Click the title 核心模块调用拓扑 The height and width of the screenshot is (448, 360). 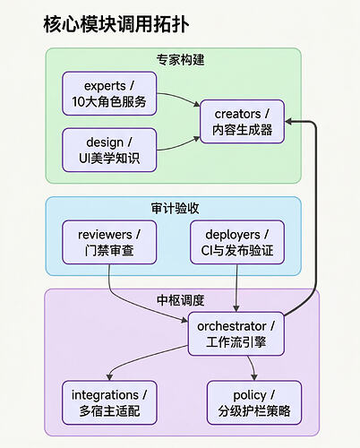coord(116,24)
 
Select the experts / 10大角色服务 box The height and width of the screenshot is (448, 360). coord(109,93)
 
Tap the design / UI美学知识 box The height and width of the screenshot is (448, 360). coord(109,150)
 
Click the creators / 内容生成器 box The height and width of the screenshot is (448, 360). coord(242,122)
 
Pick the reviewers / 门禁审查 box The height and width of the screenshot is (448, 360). coord(109,242)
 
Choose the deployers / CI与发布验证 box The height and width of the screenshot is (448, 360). coord(237,242)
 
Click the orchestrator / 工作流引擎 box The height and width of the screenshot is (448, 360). coord(236,334)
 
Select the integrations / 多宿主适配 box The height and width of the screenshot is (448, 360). coord(109,402)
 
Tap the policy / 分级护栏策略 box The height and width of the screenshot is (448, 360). coord(254,402)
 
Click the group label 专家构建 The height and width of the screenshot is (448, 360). coord(180,60)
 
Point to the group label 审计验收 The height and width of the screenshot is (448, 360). coord(175,208)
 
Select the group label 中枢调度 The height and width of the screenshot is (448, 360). coord(180,300)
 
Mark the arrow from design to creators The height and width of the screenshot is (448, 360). coord(179,146)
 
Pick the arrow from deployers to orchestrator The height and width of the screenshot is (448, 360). coord(236,289)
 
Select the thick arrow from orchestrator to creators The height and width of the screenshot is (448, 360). coord(315,215)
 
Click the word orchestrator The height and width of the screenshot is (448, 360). coord(232,326)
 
